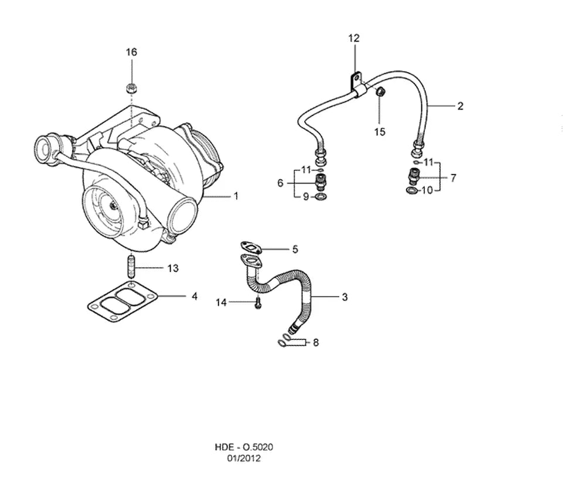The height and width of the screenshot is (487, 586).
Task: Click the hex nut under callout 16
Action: tap(131, 89)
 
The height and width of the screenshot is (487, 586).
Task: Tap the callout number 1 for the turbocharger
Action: tap(236, 196)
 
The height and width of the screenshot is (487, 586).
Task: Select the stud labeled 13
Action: tap(131, 265)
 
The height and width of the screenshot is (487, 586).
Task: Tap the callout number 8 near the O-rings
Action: tap(316, 342)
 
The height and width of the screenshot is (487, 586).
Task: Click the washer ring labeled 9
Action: tap(321, 196)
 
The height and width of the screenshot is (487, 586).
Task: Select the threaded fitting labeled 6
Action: tap(321, 181)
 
